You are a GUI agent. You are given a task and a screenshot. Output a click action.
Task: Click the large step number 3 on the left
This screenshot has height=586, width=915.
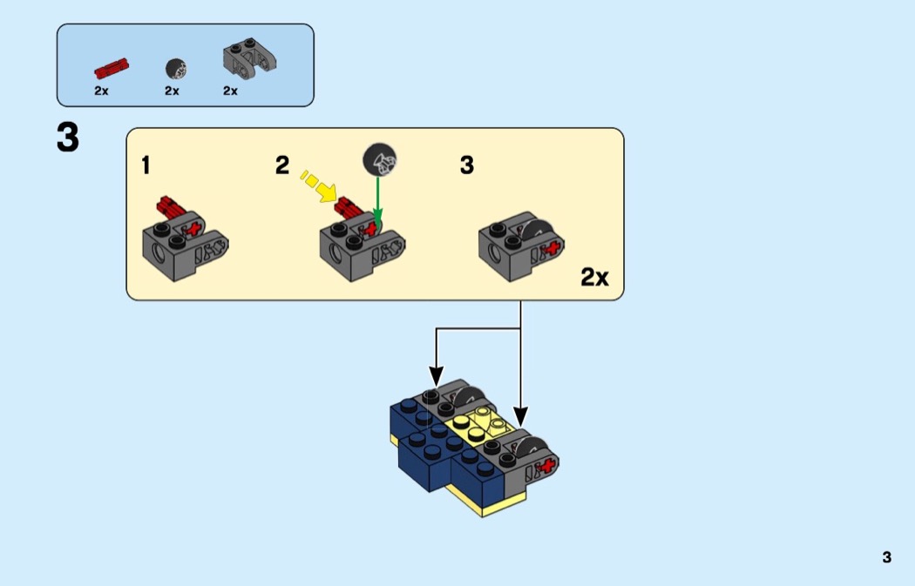coord(68,138)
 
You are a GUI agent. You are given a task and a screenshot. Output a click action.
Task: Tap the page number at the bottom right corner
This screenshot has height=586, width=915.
coord(886,557)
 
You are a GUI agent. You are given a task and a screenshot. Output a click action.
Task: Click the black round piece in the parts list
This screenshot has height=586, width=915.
coord(174,68)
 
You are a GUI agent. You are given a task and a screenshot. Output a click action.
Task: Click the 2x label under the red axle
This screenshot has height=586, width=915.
coord(101,91)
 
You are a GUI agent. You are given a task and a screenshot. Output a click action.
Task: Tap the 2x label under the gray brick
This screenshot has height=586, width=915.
coord(230,91)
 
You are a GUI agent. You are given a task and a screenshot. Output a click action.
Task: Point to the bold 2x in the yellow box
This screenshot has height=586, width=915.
coord(594,278)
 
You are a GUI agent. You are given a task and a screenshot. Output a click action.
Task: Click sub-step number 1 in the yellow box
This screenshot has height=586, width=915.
coord(146,165)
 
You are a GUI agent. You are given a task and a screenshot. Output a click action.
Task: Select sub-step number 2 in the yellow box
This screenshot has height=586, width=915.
coord(281,165)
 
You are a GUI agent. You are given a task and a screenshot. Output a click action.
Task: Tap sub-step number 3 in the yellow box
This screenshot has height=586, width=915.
coord(467,165)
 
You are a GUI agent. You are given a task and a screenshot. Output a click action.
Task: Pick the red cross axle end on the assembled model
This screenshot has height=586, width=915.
coord(547,467)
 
